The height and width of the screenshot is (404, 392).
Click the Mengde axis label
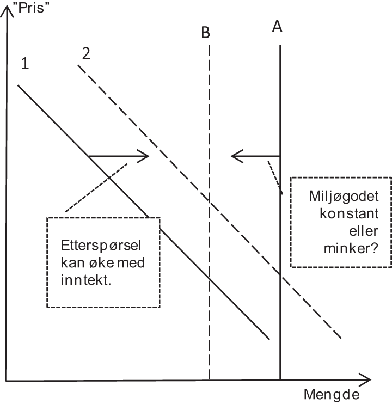coord(330,394)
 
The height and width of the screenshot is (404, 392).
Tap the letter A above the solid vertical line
coord(277,27)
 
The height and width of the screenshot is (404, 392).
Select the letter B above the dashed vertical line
coord(205,33)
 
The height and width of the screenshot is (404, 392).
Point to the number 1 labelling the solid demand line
coord(24,64)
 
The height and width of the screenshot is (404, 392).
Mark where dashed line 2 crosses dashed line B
coord(209,197)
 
